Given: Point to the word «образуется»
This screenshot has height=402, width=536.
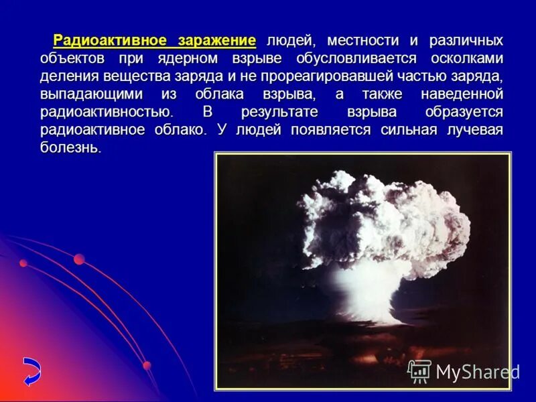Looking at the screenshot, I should pyautogui.click(x=464, y=112).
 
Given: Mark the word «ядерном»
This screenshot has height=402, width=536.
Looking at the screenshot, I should pyautogui.click(x=212, y=58).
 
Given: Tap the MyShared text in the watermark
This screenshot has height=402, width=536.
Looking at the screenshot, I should pyautogui.click(x=478, y=372).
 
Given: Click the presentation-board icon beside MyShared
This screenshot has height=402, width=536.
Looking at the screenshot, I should pyautogui.click(x=419, y=371).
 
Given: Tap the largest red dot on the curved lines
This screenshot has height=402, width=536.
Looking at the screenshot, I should pyautogui.click(x=79, y=259).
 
